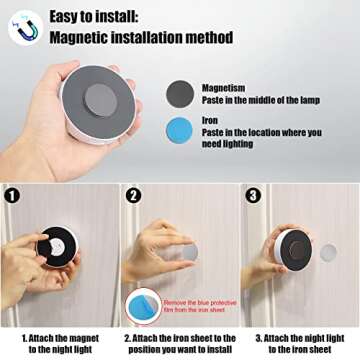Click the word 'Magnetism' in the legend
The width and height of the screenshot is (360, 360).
coord(220,87)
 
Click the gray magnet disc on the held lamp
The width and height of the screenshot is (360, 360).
coord(99,99)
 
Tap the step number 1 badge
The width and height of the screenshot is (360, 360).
coord(12,195)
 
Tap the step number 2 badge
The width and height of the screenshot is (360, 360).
coord(133,195)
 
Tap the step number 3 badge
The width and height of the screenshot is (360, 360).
coord(253,195)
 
